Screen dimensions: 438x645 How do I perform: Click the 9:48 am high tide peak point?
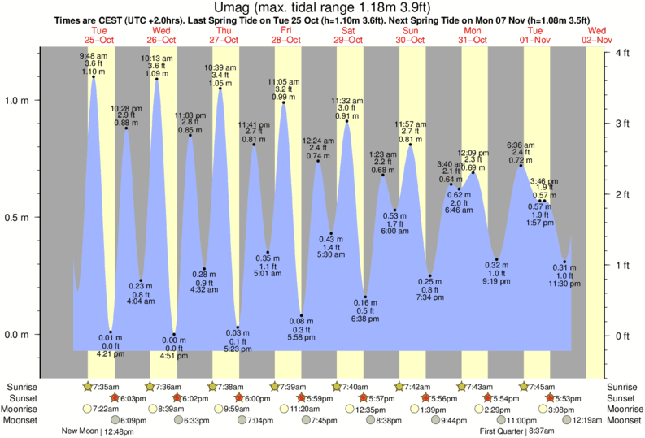click(x=93, y=76)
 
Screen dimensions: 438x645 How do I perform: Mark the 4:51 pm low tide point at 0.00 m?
click(x=174, y=335)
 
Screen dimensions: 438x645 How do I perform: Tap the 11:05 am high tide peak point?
click(x=283, y=102)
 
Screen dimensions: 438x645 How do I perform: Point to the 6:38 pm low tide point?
click(x=366, y=297)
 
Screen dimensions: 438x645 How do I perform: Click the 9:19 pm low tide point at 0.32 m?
click(x=496, y=260)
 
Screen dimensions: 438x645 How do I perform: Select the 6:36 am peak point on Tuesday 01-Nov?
click(x=521, y=167)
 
